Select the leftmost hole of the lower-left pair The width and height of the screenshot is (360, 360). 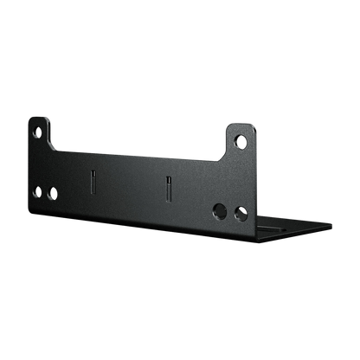coord(37,191)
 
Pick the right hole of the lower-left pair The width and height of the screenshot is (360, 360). coord(51,193)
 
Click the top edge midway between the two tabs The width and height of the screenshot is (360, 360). coord(138,151)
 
